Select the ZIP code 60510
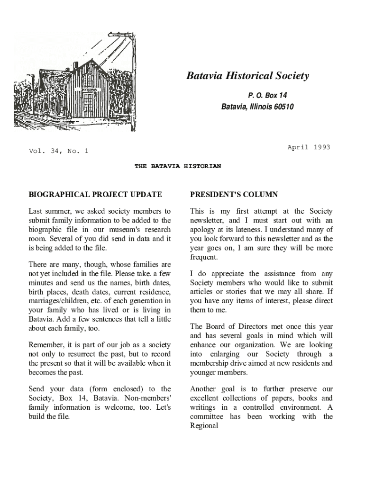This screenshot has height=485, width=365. coord(283,107)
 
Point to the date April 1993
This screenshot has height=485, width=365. coord(309,147)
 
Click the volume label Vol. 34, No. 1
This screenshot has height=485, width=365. coord(58,152)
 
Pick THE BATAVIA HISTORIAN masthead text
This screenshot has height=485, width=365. coord(178,167)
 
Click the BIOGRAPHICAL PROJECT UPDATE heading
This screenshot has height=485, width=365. coord(95,195)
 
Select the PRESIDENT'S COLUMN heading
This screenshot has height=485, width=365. coord(234,195)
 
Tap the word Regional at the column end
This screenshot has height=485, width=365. coord(204,426)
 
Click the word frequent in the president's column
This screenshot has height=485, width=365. coord(204,257)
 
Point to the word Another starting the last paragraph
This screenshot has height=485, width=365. coord(203,389)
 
